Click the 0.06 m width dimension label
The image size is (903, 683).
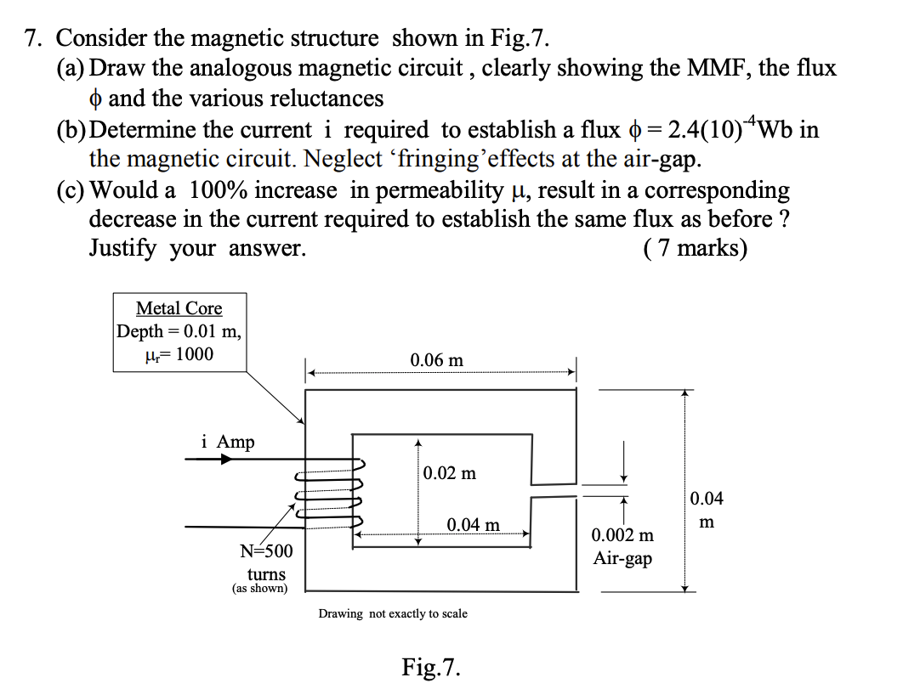coord(436,359)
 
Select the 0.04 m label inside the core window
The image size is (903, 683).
coord(474,524)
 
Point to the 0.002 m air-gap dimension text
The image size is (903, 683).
coord(622,535)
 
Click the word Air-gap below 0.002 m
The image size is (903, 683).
coord(622,559)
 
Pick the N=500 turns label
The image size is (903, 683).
coord(266,550)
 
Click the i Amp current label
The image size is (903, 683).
coord(228,442)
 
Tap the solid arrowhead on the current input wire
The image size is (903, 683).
coord(224,459)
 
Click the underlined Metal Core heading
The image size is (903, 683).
coord(179,308)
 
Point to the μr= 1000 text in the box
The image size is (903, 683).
coord(179,353)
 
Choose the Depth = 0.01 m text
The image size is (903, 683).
coord(179,331)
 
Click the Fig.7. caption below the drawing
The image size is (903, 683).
coord(431,666)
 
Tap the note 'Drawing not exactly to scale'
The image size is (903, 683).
coord(393,613)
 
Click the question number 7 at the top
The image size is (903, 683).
coord(32,38)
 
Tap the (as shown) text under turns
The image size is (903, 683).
coord(259,588)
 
